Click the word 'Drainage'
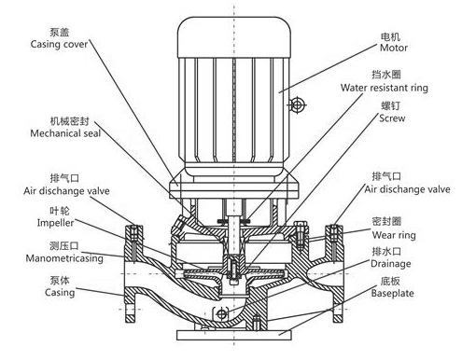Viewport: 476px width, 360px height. coord(391,264)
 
